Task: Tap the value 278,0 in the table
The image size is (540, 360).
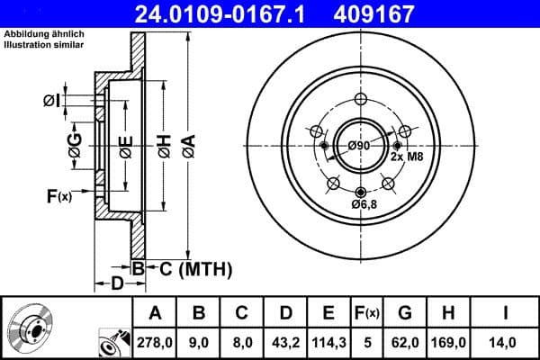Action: click(155, 342)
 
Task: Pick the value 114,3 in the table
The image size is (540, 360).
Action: click(328, 342)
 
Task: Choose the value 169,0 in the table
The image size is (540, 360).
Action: click(451, 342)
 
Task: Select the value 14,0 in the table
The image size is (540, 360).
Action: click(507, 342)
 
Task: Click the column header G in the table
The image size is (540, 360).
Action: click(405, 313)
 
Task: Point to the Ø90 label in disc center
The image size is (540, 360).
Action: click(358, 146)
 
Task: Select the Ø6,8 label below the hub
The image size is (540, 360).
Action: click(364, 205)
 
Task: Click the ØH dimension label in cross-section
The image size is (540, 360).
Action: click(165, 145)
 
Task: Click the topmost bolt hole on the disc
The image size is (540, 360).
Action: click(361, 99)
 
